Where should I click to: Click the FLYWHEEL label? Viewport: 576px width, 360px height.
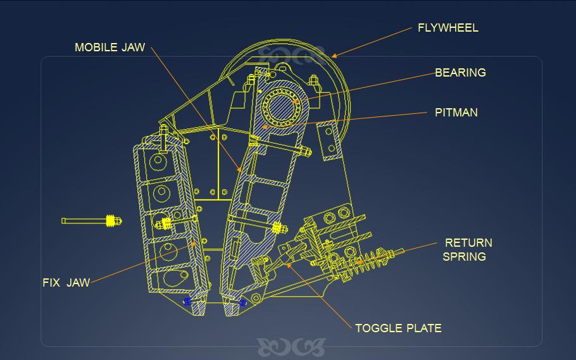448,28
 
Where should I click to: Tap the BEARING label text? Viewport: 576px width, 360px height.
460,73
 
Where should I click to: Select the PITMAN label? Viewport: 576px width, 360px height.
456,113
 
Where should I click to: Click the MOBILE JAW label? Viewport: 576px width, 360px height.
110,47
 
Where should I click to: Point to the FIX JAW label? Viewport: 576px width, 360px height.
66,282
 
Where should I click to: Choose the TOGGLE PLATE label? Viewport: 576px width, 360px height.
398,328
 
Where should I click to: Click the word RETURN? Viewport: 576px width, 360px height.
468,243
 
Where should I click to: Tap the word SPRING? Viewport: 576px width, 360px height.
464,256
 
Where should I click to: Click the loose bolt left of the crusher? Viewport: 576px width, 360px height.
92,221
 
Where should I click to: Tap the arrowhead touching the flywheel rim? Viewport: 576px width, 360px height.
334,56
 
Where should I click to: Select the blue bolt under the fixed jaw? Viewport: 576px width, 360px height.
187,301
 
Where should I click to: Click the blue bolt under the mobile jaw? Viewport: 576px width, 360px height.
242,303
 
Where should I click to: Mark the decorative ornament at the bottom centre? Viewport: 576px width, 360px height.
291,346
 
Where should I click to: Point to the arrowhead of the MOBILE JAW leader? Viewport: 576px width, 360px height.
239,170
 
